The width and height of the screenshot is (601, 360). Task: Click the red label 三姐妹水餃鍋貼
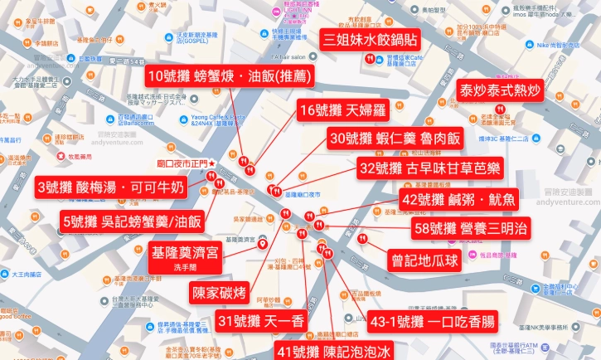[x=371, y=38]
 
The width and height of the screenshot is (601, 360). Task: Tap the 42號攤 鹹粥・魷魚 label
[x=458, y=199]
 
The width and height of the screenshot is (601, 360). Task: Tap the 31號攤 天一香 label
[x=260, y=320]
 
